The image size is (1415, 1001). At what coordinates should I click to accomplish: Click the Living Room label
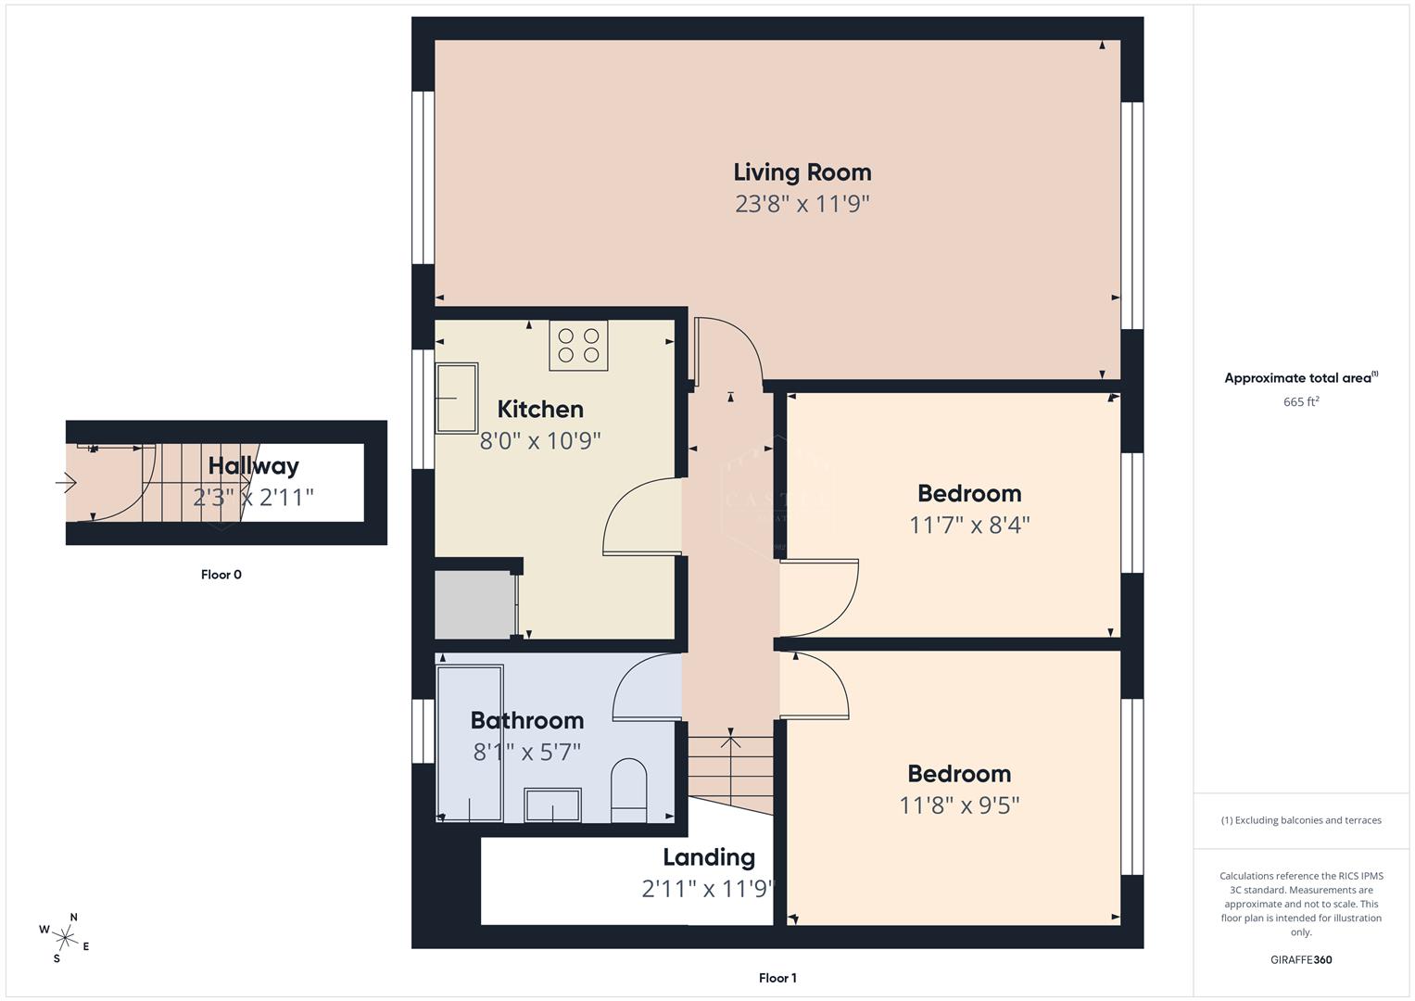point(802,172)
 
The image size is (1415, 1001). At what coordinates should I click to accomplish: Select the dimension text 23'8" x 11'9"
point(802,204)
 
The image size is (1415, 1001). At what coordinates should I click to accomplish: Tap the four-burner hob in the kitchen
point(578,346)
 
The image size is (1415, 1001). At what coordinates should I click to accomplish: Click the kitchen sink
point(457,398)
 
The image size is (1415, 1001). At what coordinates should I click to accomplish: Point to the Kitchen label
point(540,409)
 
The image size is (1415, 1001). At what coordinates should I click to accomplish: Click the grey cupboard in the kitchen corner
point(474,604)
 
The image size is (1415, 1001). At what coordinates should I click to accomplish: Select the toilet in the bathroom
point(629,791)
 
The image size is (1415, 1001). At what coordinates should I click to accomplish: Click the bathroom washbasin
point(552,805)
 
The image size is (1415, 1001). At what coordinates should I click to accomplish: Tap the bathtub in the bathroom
point(470,743)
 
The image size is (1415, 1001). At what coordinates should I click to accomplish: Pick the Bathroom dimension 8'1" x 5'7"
point(526,752)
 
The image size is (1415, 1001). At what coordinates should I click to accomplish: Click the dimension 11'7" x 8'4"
point(969,526)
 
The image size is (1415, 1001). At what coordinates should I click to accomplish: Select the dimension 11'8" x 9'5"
point(959,805)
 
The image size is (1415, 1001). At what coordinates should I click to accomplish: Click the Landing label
point(709,857)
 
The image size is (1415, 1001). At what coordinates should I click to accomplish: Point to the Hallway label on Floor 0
point(253,465)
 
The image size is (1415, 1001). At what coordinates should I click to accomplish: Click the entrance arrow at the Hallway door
point(66,482)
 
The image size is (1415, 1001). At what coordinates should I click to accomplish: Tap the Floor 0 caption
point(221,575)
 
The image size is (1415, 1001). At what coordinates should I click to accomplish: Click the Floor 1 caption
point(777,978)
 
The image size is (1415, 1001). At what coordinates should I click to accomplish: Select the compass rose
point(65,937)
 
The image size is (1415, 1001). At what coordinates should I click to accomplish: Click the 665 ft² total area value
point(1301,402)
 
